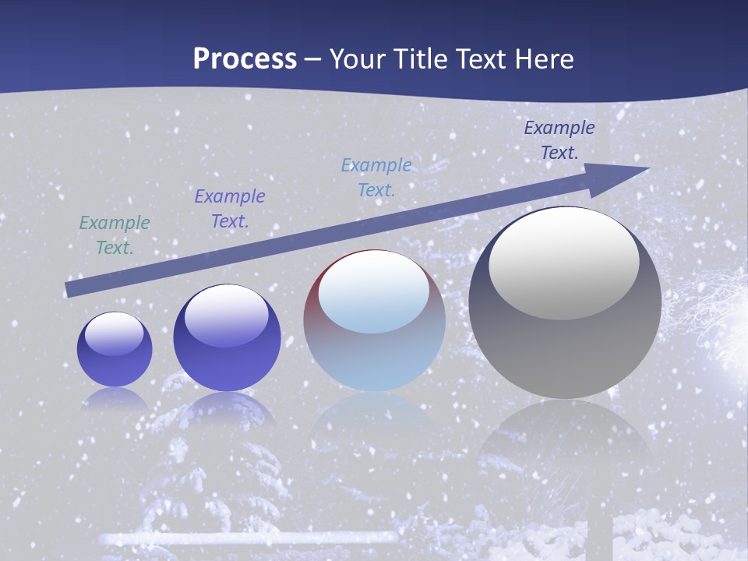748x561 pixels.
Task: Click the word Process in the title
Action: coord(245,59)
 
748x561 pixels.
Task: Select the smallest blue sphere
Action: coord(115,349)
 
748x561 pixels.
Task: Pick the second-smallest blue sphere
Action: coord(226,337)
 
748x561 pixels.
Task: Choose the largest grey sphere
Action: coord(565,302)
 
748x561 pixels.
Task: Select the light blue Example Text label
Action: coord(376,178)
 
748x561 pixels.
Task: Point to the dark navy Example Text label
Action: coord(559,140)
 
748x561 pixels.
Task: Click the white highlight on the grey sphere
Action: coord(563,263)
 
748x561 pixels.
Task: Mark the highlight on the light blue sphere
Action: coord(373,292)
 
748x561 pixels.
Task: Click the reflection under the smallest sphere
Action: coord(115,400)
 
